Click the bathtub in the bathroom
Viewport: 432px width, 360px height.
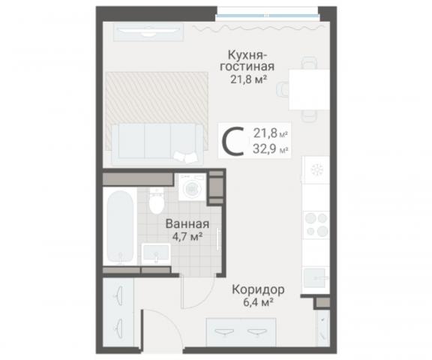pyautogui.click(x=120, y=227)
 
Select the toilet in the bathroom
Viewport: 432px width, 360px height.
pyautogui.click(x=156, y=202)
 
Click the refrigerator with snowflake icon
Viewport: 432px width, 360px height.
pyautogui.click(x=316, y=170)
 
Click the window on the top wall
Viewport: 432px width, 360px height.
pyautogui.click(x=267, y=11)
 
